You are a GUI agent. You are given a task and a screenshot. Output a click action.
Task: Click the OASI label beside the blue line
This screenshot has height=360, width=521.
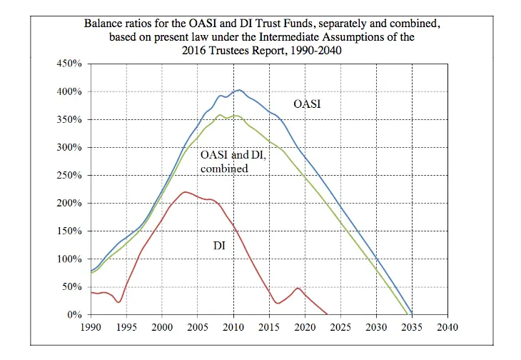pos(308,104)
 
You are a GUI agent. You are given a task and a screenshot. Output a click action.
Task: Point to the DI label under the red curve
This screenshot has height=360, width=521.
pos(220,246)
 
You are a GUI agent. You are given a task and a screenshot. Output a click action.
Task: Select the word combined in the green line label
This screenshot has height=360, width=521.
pos(224,169)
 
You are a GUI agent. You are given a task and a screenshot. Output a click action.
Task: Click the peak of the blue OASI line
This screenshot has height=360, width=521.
pos(238,90)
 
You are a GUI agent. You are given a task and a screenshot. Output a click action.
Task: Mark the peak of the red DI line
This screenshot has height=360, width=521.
pos(186,192)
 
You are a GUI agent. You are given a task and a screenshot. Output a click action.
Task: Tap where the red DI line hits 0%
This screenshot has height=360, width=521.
pos(327,314)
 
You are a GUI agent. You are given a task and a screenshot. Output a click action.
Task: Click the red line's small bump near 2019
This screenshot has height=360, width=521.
pos(298,289)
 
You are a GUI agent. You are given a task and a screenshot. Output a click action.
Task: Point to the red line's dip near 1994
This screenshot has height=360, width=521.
pos(118,302)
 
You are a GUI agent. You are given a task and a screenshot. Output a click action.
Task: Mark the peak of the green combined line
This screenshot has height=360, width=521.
pos(221,115)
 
